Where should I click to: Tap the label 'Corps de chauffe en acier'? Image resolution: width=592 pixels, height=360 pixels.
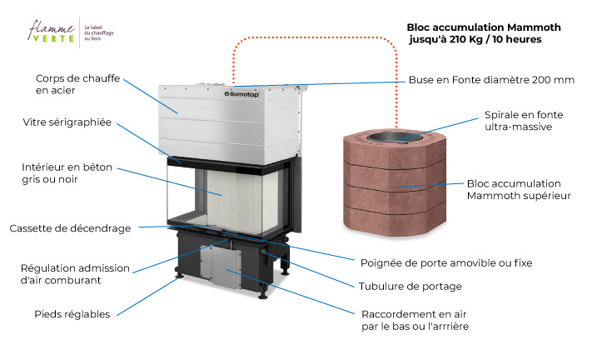[77, 84]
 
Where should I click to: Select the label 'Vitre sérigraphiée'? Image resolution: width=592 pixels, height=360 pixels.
[67, 122]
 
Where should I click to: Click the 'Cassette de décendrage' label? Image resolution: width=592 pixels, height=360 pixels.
[70, 227]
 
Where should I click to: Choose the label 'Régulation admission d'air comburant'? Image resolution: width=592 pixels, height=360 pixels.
[75, 273]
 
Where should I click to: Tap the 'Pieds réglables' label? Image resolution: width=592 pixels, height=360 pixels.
[72, 314]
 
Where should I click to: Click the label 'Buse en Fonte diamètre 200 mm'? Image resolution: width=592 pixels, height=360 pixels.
[491, 80]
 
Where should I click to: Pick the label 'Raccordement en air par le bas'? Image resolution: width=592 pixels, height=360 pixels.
[415, 321]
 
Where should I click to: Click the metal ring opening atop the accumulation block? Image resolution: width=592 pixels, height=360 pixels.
[395, 132]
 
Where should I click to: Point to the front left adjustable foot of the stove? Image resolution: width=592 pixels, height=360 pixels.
[178, 276]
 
